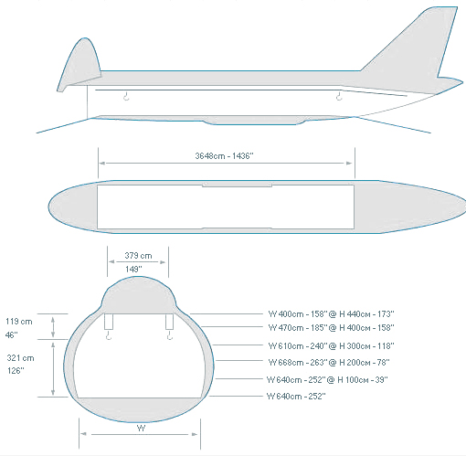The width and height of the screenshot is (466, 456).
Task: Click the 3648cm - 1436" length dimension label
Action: [x=224, y=156]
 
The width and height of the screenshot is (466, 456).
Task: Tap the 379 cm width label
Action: [x=138, y=255]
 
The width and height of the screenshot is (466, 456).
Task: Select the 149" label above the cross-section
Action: [x=133, y=269]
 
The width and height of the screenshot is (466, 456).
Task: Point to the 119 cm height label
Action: [x=19, y=322]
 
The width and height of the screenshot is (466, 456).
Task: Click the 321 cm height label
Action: [x=20, y=357]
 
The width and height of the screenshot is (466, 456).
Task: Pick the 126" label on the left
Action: [x=16, y=371]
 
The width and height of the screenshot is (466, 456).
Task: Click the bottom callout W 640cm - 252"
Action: [x=296, y=397]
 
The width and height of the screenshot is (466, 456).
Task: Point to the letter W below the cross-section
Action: [x=141, y=428]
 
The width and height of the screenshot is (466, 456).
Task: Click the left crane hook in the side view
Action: [x=126, y=95]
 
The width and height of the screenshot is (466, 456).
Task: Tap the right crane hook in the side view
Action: [x=339, y=95]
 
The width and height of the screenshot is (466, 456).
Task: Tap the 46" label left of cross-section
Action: [x=11, y=335]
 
